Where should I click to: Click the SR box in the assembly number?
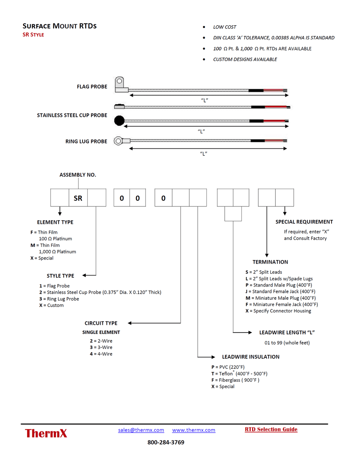tap(78, 198)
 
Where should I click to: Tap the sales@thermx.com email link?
tap(141, 430)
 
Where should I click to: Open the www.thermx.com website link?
tap(193, 430)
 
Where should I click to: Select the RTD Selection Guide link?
tap(271, 429)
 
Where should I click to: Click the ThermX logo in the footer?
tap(46, 433)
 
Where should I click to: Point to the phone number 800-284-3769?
tap(166, 442)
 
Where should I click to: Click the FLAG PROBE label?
tap(92, 87)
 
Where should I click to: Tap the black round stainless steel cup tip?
tap(119, 120)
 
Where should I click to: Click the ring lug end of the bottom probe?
tap(118, 141)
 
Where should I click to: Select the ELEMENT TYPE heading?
tap(55, 222)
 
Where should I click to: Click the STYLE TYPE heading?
tap(60, 276)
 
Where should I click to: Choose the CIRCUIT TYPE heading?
tap(101, 323)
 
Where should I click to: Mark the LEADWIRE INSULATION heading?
tap(251, 357)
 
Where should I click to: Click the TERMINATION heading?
tap(270, 262)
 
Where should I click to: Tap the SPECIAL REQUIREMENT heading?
tap(304, 222)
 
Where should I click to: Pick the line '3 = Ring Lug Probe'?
tap(59, 299)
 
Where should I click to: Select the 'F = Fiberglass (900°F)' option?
tap(235, 380)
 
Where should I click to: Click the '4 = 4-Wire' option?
tap(101, 354)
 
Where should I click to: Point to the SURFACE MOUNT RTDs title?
tap(59, 26)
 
